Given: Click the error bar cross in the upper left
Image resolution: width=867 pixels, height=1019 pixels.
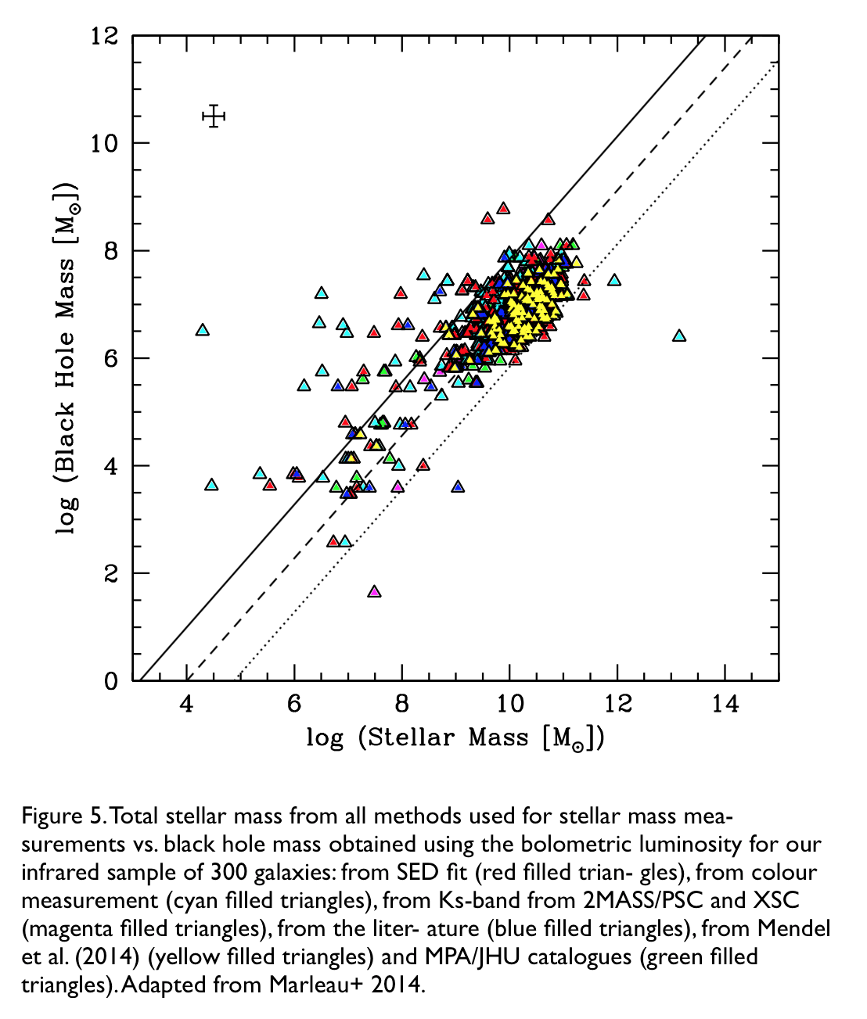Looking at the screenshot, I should point(213,117).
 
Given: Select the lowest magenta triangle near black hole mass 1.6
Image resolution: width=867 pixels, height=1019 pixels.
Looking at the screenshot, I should point(374,591).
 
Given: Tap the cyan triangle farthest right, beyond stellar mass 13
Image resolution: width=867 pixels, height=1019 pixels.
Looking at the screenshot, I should point(678,335).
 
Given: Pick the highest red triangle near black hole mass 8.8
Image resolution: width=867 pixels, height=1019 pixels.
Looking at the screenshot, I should point(503,208).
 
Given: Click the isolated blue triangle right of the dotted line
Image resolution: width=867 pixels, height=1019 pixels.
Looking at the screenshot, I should point(458,486).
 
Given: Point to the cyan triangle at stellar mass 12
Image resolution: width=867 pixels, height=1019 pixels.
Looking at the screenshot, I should point(614,280).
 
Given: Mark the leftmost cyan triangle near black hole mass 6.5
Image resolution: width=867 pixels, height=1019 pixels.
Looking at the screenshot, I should point(203,330).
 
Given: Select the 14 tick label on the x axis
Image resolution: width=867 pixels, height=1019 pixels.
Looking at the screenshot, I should point(725,704).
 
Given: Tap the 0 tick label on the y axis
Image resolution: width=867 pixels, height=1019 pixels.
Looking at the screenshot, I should point(111,681).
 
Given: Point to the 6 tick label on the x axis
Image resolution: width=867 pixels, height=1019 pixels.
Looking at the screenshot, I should point(294,704).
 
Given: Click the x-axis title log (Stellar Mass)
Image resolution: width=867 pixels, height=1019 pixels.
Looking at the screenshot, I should point(455,737).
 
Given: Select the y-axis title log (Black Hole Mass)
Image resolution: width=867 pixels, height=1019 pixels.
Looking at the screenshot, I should point(66,358).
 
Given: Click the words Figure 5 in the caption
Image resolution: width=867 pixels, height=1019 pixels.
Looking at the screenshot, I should point(63,816).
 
